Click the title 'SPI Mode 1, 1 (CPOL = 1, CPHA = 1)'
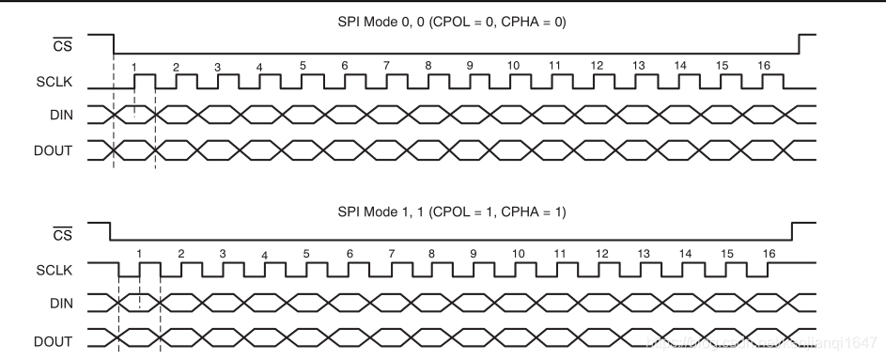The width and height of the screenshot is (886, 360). coord(451,212)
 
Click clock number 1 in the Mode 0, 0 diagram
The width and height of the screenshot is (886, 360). coord(135,66)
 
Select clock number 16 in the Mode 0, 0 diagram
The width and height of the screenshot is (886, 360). coord(764,66)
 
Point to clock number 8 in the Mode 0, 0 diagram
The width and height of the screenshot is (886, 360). coord(428,66)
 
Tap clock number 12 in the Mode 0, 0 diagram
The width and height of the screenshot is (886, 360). coord(597,66)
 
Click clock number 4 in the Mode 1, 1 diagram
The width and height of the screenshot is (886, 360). coord(265,255)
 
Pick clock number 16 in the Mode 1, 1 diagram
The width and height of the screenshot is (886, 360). coord(769,254)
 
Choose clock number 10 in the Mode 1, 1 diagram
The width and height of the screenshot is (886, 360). coord(518,254)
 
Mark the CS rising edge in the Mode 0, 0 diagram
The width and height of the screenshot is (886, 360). coord(800,44)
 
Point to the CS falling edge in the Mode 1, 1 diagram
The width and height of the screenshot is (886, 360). coord(111,232)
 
